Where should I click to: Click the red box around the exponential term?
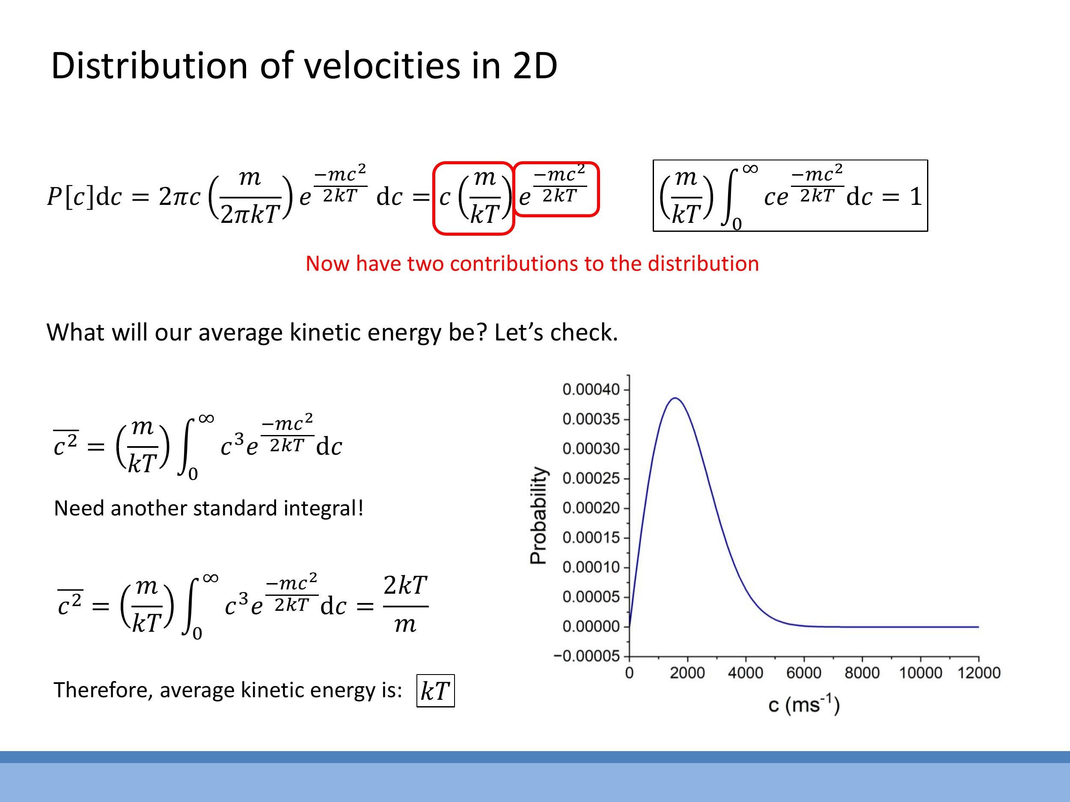(x=556, y=189)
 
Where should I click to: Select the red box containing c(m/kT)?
(x=473, y=198)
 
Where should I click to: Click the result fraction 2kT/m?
(x=405, y=604)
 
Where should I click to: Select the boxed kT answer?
(x=435, y=691)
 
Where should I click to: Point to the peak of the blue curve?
(x=675, y=398)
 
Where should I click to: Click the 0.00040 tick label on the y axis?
(x=591, y=390)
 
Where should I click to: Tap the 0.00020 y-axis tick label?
(x=591, y=508)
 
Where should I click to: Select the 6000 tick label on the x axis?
(x=803, y=673)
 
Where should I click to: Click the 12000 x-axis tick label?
(x=978, y=673)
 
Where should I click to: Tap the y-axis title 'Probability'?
(x=538, y=515)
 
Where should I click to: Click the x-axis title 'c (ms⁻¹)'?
(x=803, y=705)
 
